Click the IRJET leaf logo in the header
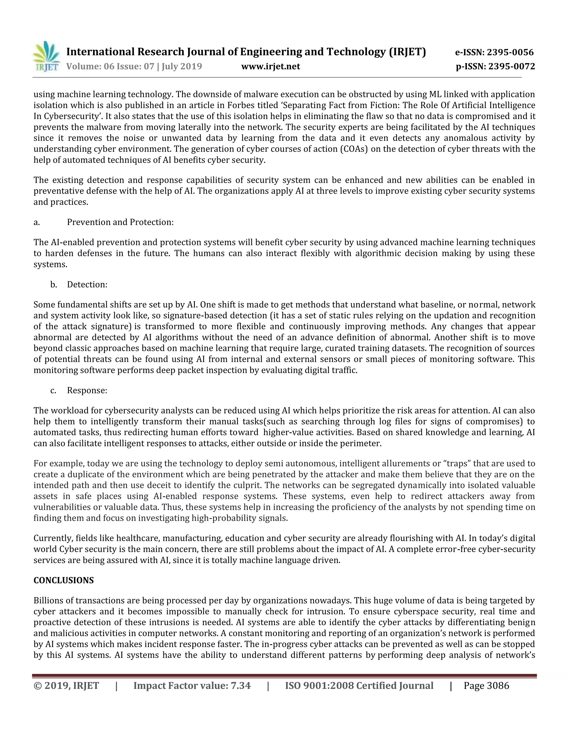(x=46, y=56)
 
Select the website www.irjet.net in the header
(x=270, y=66)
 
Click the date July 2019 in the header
(x=182, y=66)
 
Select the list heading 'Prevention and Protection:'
(x=120, y=222)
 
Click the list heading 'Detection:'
(x=87, y=285)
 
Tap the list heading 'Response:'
(x=87, y=390)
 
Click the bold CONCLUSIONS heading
(x=64, y=580)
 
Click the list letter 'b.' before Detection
(x=54, y=285)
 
